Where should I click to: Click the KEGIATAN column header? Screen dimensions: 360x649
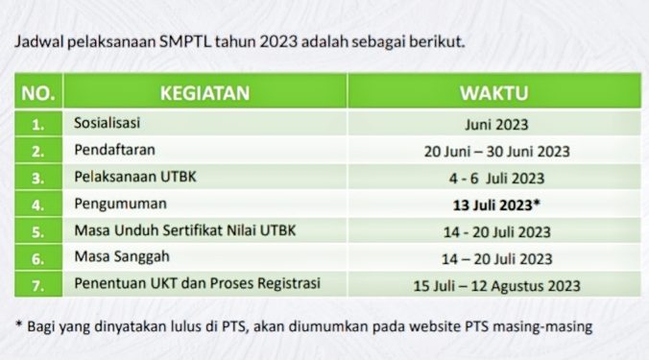click(x=205, y=93)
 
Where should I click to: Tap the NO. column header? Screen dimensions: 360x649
click(x=38, y=93)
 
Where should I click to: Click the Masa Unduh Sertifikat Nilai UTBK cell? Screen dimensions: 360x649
click(x=180, y=231)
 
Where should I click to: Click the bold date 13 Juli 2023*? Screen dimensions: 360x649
click(x=495, y=204)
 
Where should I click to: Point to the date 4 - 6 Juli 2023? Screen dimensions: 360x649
click(x=495, y=178)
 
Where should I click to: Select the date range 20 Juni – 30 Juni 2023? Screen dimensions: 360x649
click(x=495, y=151)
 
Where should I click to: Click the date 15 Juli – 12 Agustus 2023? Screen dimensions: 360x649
click(x=495, y=285)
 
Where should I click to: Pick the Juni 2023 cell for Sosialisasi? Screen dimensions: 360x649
click(x=495, y=124)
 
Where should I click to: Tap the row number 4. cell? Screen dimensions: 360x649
click(x=38, y=204)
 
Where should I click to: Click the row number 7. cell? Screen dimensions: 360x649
click(x=38, y=285)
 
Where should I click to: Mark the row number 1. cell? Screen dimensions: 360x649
click(x=38, y=124)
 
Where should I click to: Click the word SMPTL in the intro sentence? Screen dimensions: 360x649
click(x=185, y=42)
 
